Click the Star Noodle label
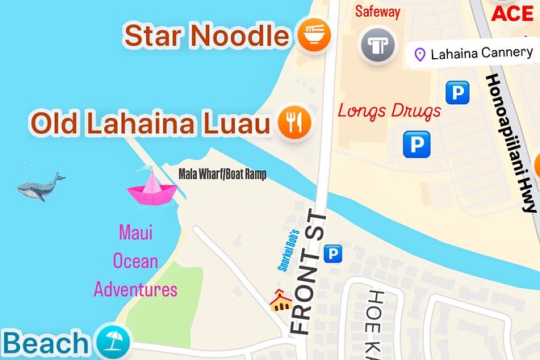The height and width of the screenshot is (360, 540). [206, 36]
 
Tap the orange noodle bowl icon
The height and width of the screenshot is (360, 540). [313, 36]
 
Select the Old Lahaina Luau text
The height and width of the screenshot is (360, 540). [149, 123]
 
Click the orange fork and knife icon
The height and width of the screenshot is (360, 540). [295, 123]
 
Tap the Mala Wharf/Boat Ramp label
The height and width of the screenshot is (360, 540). [221, 174]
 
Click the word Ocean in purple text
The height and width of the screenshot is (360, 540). [136, 262]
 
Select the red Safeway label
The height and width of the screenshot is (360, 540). [377, 12]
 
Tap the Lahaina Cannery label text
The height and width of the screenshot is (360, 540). [482, 54]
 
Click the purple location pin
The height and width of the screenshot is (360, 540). [419, 55]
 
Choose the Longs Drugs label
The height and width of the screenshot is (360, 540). [389, 110]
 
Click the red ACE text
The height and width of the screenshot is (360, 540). [513, 13]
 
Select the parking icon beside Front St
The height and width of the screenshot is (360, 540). [332, 255]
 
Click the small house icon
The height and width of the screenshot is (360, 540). [280, 302]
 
